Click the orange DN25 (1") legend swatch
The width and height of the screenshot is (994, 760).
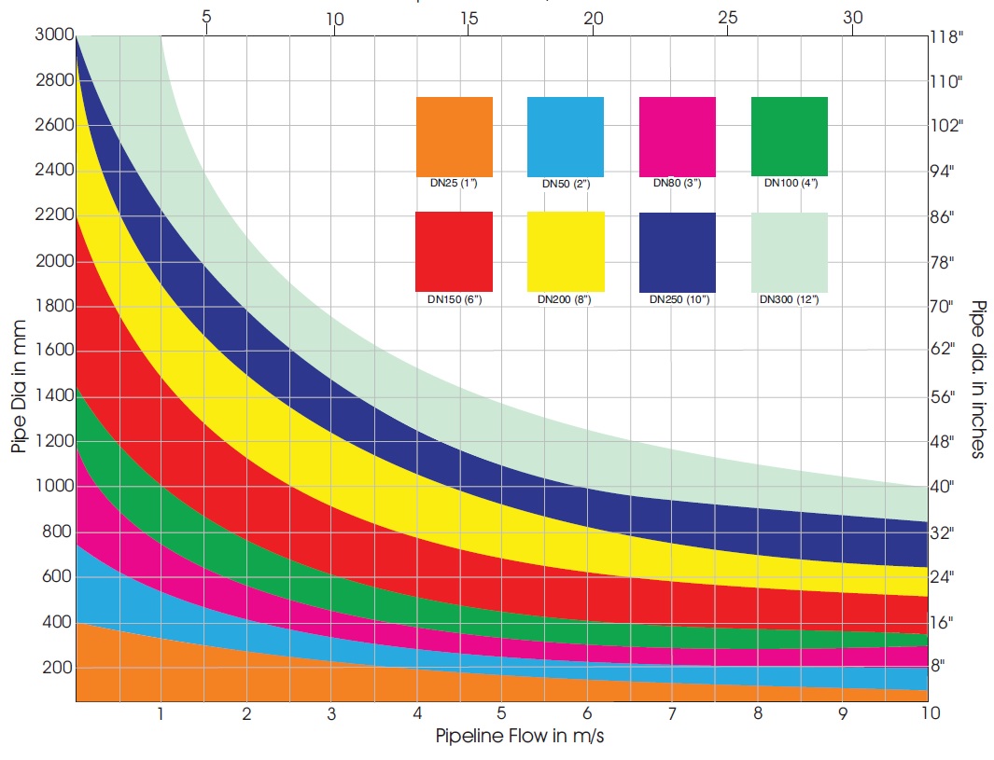coord(454,136)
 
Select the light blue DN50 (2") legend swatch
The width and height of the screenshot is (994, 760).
coord(566,136)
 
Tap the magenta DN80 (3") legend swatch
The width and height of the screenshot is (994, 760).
coord(678,136)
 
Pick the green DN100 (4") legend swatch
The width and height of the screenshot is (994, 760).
coord(790,136)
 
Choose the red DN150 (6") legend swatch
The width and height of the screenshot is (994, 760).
coord(454,252)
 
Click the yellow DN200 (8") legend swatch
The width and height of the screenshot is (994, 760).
coord(566,252)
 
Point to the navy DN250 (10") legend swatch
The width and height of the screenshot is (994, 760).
coord(678,252)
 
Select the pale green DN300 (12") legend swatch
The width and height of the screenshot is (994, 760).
coord(790,252)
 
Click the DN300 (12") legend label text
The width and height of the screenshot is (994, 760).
coord(790,299)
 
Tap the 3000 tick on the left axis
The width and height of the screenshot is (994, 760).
coord(55,36)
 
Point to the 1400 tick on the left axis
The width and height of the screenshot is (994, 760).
coord(55,396)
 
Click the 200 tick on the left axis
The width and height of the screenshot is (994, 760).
coord(58,668)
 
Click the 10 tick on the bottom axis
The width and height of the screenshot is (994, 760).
coord(929,714)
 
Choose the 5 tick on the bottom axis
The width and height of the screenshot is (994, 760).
coord(502,714)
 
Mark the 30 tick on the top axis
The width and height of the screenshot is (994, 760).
coord(852,17)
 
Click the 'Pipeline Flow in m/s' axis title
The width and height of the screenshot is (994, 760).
coord(524,736)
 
